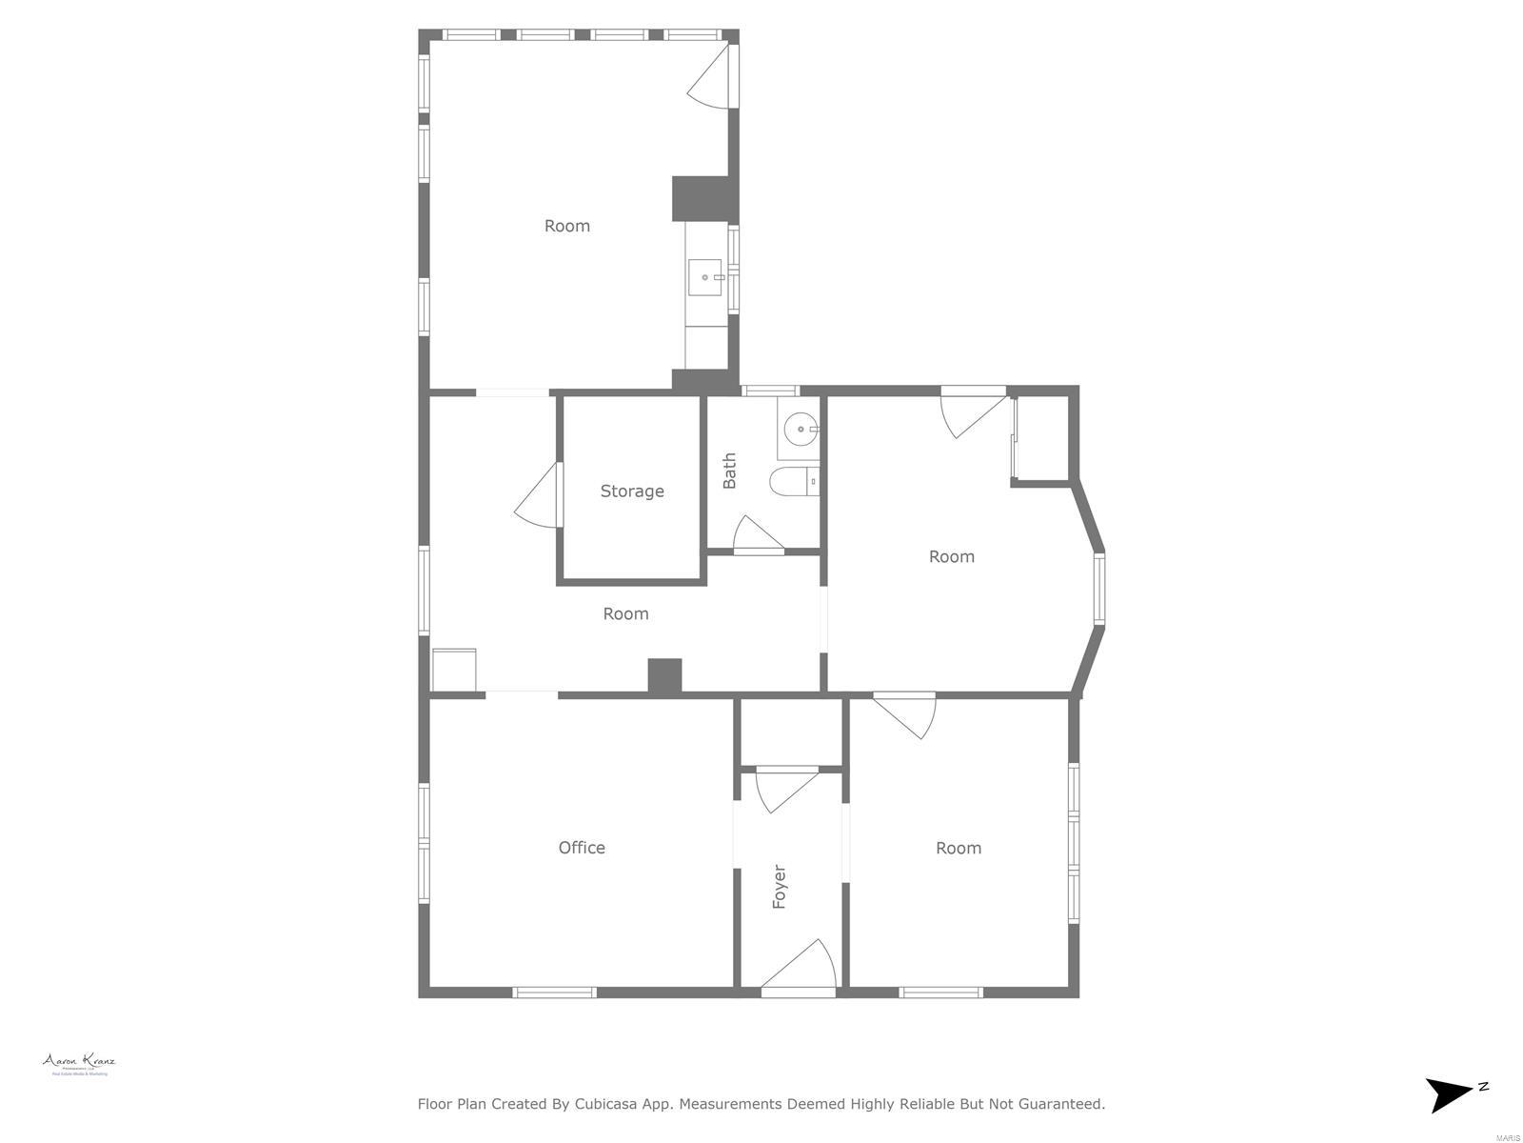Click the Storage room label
tap(632, 491)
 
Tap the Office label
tap(582, 848)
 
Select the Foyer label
tap(780, 887)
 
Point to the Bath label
tap(730, 471)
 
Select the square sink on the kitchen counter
tap(705, 277)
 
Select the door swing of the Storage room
tap(539, 494)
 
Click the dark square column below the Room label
tap(664, 675)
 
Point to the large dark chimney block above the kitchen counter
tap(705, 199)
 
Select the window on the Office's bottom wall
tap(555, 993)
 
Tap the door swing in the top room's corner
tap(711, 76)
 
